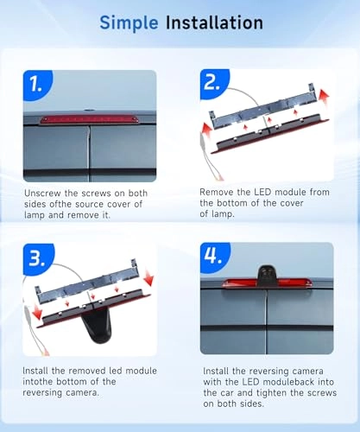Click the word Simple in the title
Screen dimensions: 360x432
(129, 23)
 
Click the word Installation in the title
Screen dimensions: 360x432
(214, 22)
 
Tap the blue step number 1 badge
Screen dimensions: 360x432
(38, 85)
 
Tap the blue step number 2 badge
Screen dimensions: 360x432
(215, 84)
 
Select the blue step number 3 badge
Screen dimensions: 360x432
(38, 258)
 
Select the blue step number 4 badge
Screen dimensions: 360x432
(215, 257)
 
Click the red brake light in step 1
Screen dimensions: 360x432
(90, 119)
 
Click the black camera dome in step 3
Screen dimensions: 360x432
(97, 327)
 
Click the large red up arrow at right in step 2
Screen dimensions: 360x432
(324, 98)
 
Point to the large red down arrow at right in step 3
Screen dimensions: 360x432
(149, 277)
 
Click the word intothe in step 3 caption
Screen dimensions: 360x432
(38, 382)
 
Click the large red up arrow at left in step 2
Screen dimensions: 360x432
(206, 130)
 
